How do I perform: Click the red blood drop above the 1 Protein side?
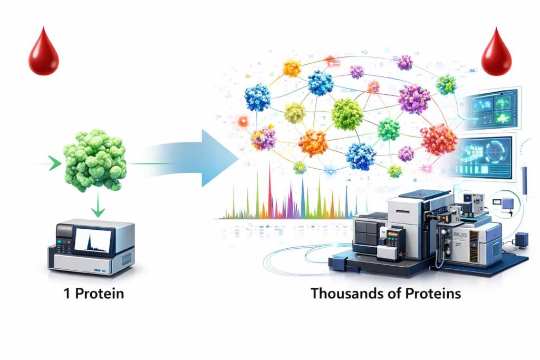tap(43, 53)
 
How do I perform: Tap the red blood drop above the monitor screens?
tap(496, 54)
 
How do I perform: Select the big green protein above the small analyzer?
tap(94, 160)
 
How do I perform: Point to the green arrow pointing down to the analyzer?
tap(98, 205)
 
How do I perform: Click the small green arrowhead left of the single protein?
tap(54, 163)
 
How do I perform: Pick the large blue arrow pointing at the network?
tap(193, 158)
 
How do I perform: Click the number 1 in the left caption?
tap(67, 294)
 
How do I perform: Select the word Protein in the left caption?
tap(100, 294)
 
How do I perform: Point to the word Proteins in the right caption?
tap(433, 293)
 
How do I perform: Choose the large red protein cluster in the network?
tap(439, 139)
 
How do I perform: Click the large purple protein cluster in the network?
tap(414, 99)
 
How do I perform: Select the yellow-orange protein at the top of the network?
tap(292, 68)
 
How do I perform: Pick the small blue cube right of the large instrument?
tap(522, 239)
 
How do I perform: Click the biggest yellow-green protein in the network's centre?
tap(347, 114)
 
